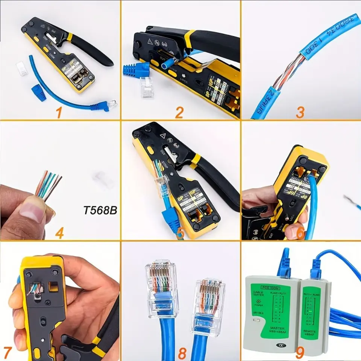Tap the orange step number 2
pyautogui.click(x=179, y=112)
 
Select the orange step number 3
pyautogui.click(x=300, y=112)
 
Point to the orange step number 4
pyautogui.click(x=59, y=233)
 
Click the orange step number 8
pyautogui.click(x=183, y=353)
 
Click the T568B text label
pyautogui.click(x=100, y=210)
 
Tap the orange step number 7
pyautogui.click(x=8, y=353)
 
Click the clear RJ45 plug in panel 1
pyautogui.click(x=22, y=69)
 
